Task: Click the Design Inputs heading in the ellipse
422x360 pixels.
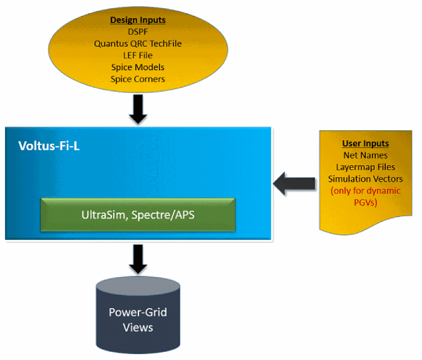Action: (138, 20)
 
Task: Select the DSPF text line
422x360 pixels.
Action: (138, 32)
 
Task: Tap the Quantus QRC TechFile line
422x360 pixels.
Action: (138, 43)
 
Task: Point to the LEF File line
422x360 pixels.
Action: (138, 55)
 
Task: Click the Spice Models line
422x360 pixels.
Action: (138, 67)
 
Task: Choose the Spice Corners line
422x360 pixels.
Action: (138, 79)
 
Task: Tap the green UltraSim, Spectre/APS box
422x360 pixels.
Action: (138, 214)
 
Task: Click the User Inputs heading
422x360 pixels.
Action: (365, 143)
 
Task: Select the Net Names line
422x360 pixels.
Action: (365, 155)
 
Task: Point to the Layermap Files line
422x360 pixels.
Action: (365, 167)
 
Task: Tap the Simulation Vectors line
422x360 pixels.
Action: (365, 179)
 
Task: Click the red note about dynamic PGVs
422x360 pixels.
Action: (365, 196)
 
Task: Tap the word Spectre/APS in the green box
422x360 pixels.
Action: (160, 216)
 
